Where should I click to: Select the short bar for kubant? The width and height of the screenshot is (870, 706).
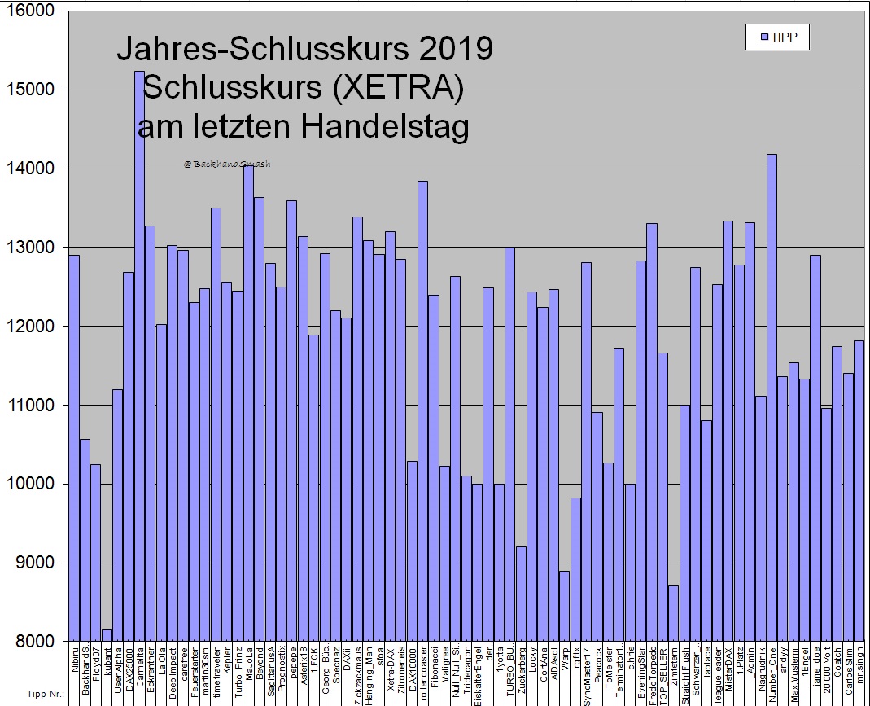pyautogui.click(x=107, y=635)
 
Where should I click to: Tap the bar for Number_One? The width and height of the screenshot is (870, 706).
pyautogui.click(x=772, y=391)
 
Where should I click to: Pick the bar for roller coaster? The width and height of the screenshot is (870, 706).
pyautogui.click(x=422, y=407)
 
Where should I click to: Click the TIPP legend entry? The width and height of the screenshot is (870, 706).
pyautogui.click(x=777, y=37)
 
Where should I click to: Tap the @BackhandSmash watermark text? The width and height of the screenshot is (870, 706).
pyautogui.click(x=227, y=164)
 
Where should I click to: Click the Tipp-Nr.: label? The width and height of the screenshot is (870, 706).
pyautogui.click(x=37, y=695)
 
